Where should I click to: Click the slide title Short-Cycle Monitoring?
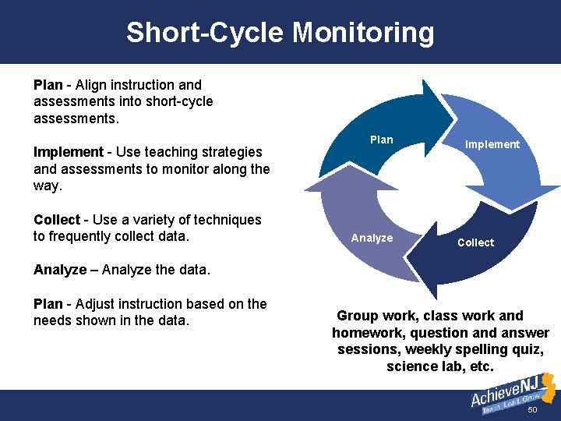(280, 33)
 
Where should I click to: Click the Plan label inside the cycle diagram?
(381, 140)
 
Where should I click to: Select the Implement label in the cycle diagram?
(492, 144)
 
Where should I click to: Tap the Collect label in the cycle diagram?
(475, 242)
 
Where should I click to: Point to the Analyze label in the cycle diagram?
(372, 238)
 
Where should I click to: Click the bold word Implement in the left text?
(69, 152)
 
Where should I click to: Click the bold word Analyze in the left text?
(60, 270)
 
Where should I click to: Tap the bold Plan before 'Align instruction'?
(48, 84)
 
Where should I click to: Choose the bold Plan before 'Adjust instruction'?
(48, 304)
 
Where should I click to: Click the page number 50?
(533, 410)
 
